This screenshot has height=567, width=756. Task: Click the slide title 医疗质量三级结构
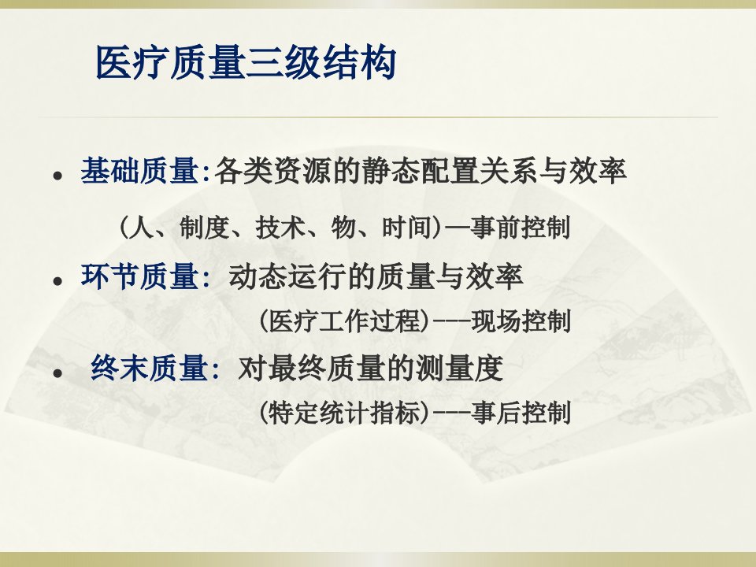point(246,63)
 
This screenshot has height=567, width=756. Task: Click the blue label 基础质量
point(140,171)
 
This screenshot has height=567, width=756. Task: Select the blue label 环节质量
point(140,276)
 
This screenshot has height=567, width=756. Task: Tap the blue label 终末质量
point(150,369)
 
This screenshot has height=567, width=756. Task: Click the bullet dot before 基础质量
point(58,176)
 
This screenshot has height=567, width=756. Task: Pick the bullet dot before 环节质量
point(58,281)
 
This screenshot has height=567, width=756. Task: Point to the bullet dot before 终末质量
point(58,373)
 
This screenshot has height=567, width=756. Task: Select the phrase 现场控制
point(521,321)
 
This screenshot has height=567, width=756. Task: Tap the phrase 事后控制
point(521,412)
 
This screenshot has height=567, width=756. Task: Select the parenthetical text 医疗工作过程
point(344,321)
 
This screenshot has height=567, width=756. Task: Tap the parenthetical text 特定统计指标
point(344,412)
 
